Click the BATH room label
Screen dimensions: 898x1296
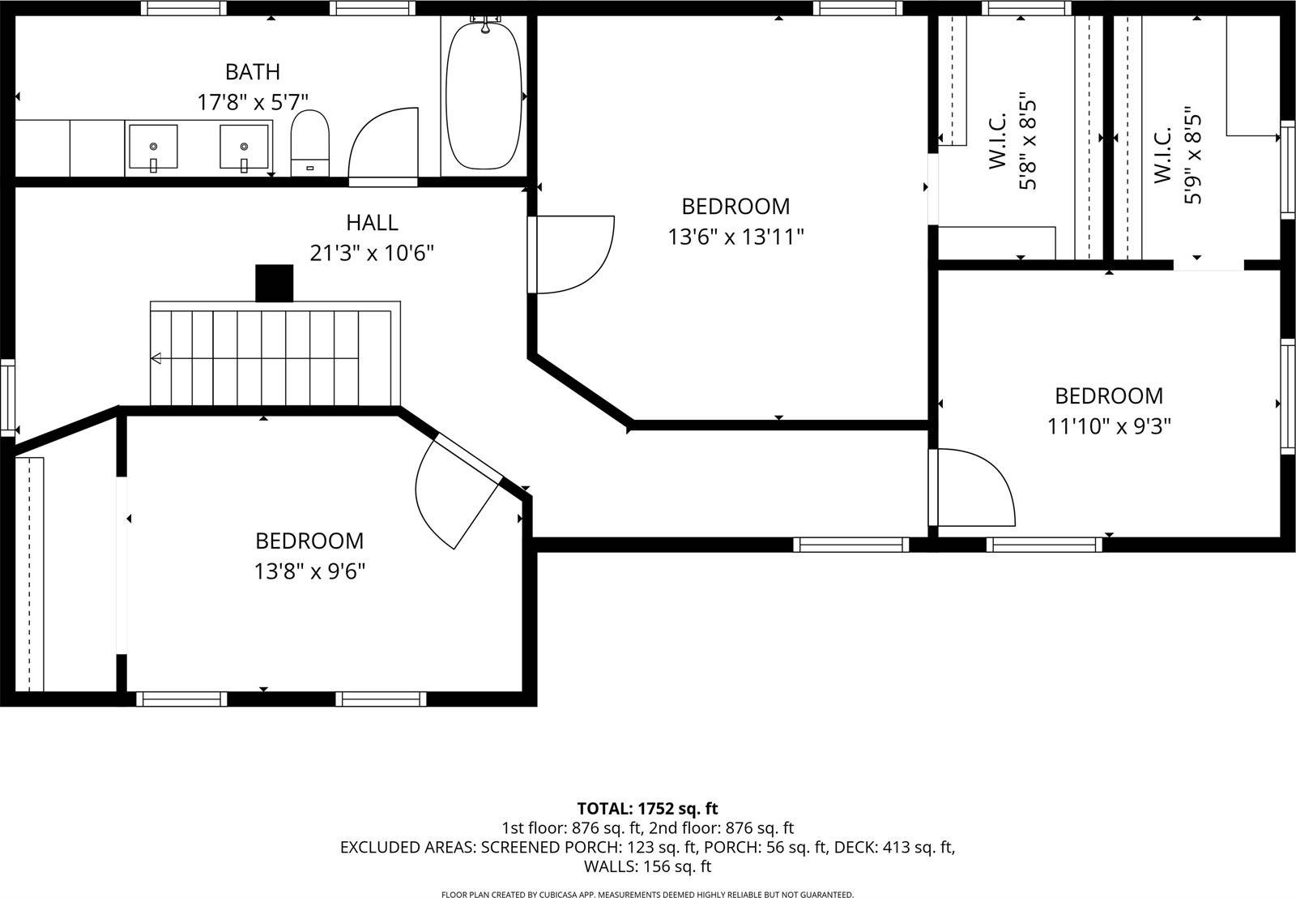pyautogui.click(x=253, y=72)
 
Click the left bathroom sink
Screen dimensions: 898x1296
pyautogui.click(x=152, y=148)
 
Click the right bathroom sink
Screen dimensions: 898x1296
pyautogui.click(x=244, y=148)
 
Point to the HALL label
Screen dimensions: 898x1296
pyautogui.click(x=372, y=222)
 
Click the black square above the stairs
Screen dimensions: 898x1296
pyautogui.click(x=274, y=283)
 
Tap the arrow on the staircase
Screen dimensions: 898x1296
pyautogui.click(x=156, y=358)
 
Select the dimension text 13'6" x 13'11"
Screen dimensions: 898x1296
pyautogui.click(x=735, y=237)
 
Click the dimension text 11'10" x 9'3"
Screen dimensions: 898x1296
pyautogui.click(x=1109, y=426)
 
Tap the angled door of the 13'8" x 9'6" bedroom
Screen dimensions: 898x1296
pyautogui.click(x=458, y=490)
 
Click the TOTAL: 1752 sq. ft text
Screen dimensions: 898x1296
pyautogui.click(x=647, y=808)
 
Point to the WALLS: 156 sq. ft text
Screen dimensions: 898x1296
pyautogui.click(x=647, y=866)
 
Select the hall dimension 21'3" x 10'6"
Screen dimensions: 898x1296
pyautogui.click(x=372, y=254)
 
